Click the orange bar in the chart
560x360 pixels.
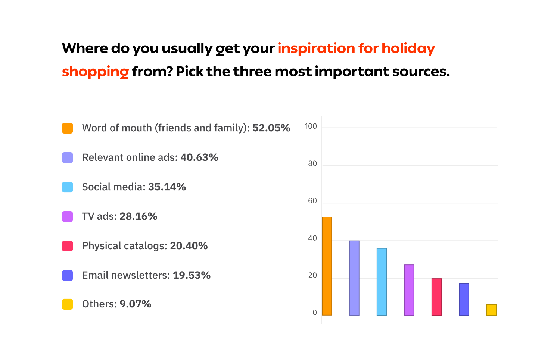(327, 266)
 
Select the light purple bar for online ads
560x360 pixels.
(354, 278)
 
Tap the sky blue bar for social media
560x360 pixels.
(382, 282)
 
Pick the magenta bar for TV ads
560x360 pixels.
(409, 290)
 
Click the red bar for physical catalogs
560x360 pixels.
(436, 297)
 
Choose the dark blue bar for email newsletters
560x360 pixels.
(464, 299)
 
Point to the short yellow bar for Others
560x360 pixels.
(491, 310)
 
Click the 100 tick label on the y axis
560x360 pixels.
(311, 126)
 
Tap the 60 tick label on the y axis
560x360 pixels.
(312, 201)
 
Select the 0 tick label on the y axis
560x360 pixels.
(315, 313)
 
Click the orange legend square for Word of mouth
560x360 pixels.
(68, 128)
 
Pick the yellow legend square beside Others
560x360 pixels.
(68, 304)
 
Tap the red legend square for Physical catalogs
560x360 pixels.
(68, 246)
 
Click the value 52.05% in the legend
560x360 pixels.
(271, 128)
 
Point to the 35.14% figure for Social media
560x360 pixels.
(167, 187)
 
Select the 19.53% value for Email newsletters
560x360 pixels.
(192, 275)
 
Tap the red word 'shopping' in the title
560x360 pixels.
(95, 71)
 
